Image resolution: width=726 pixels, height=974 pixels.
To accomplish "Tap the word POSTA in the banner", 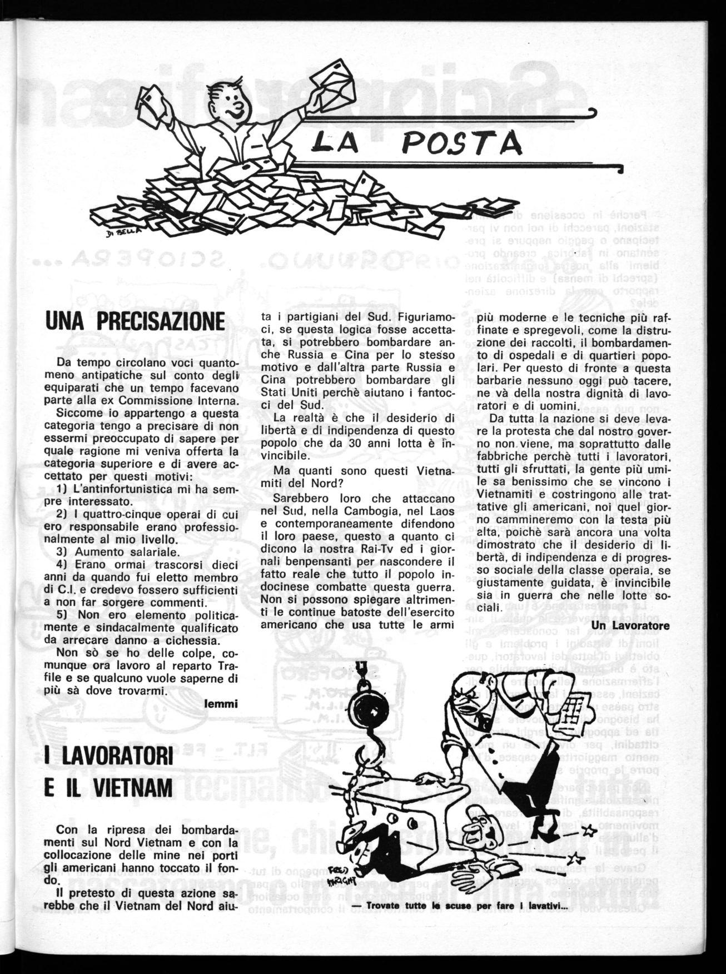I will (462, 144).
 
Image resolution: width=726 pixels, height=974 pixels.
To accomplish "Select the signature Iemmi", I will (221, 704).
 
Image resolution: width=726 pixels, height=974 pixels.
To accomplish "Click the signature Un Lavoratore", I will (631, 625).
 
